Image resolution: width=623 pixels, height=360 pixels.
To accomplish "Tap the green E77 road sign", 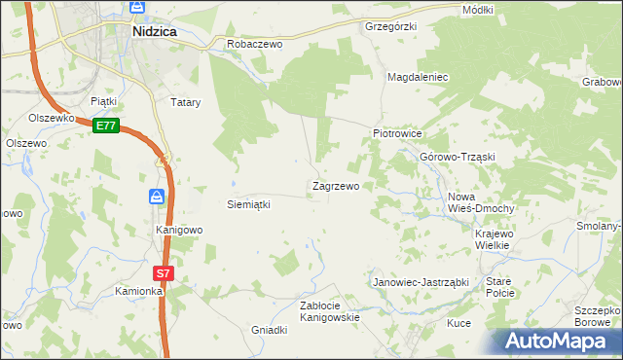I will point(107,126).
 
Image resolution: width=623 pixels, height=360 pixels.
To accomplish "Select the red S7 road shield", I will point(164,273).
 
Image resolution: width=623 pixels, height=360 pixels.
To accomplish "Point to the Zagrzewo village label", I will point(335,186).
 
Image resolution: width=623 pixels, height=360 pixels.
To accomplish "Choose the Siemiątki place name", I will point(247,205).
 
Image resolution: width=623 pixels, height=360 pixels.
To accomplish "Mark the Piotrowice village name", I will point(396,133).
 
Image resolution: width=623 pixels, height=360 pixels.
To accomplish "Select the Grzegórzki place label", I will point(390,27).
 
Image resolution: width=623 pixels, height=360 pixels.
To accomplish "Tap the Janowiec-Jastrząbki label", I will point(421,282).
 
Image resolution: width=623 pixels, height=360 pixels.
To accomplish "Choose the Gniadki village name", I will point(270,330).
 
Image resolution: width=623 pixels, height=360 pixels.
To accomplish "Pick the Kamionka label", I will point(137,291).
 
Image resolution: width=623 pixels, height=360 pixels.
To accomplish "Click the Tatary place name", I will point(185,102).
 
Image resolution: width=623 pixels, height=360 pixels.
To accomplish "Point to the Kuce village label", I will point(458,322).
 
